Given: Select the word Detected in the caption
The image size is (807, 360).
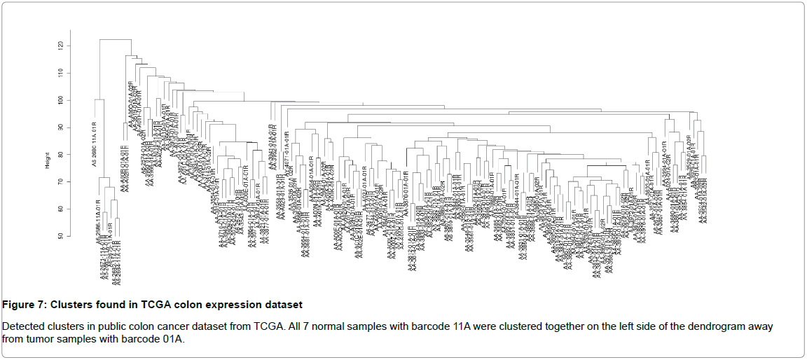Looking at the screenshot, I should [20, 327].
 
